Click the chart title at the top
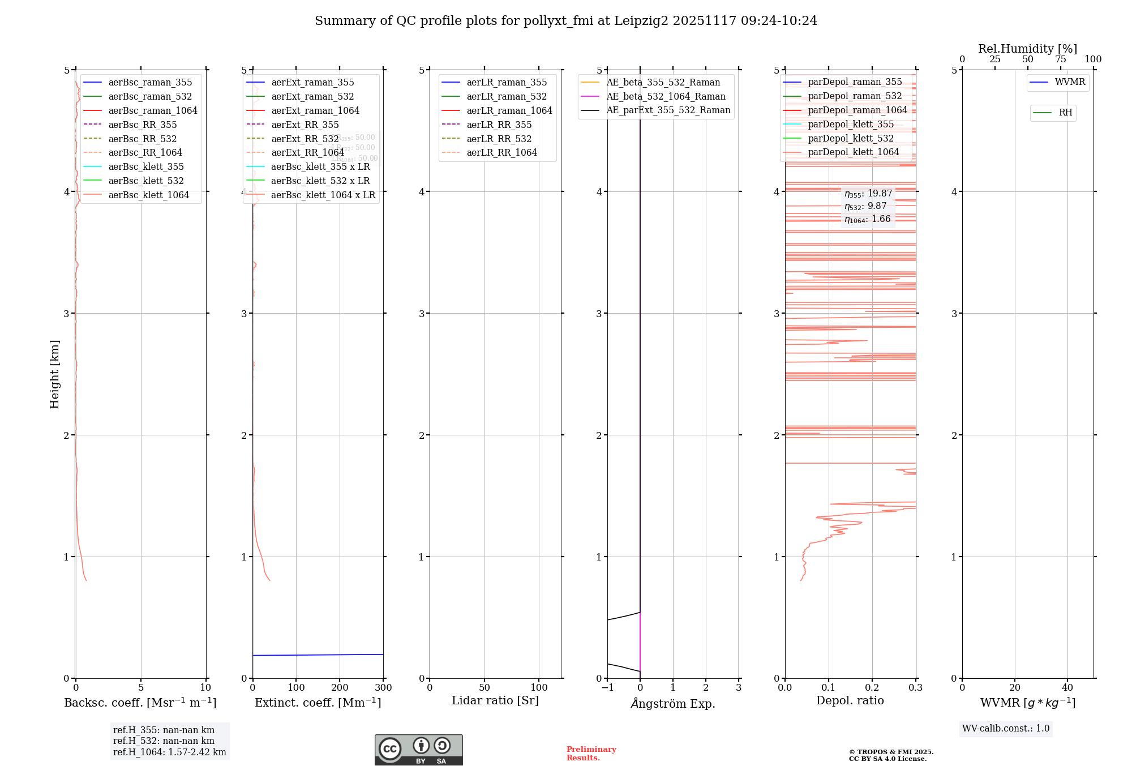coord(566,21)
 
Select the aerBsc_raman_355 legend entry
coord(150,83)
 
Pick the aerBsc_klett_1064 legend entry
coord(149,195)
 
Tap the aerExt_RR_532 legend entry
coord(305,139)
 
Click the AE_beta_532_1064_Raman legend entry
coord(666,97)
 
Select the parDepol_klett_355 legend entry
coord(851,125)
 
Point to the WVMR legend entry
coord(1069,82)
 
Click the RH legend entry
coord(1065,113)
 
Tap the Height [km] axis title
coord(54,374)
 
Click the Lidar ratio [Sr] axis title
coord(495,700)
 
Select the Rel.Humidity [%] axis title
coord(1027,49)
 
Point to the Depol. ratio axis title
coord(850,700)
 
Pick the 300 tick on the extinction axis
coord(383,688)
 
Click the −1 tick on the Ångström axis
coord(607,688)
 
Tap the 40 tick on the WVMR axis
coord(1067,688)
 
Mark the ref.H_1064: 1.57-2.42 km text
coord(169,752)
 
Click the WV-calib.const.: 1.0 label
coord(1006,729)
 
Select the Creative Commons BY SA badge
coord(418,750)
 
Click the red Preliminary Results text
coord(591,754)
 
